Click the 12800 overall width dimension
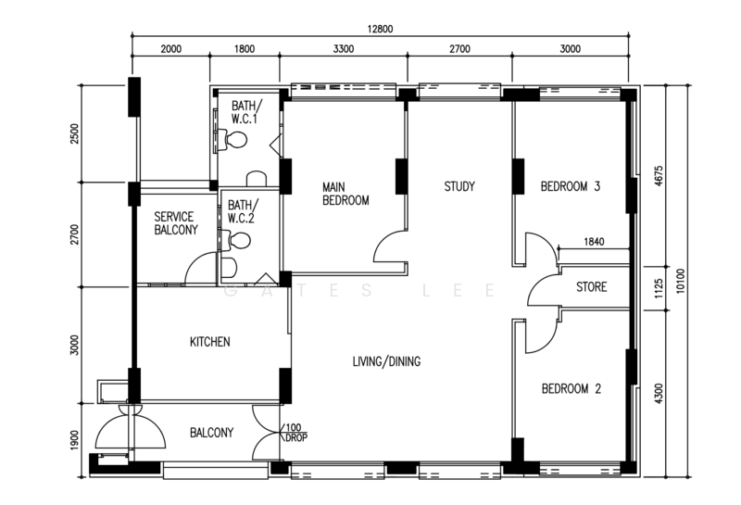click(380, 29)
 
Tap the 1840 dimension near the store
click(594, 242)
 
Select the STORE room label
click(591, 287)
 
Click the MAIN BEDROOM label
click(345, 194)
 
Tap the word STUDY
click(459, 187)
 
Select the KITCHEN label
click(210, 342)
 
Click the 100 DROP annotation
click(295, 433)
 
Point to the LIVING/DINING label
click(386, 361)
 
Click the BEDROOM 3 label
click(571, 186)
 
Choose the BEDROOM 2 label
click(571, 388)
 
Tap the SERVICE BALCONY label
click(176, 223)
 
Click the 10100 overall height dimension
click(681, 281)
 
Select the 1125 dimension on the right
click(659, 288)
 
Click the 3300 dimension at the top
click(344, 49)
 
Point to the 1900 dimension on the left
click(75, 440)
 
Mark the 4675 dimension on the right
click(659, 176)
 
